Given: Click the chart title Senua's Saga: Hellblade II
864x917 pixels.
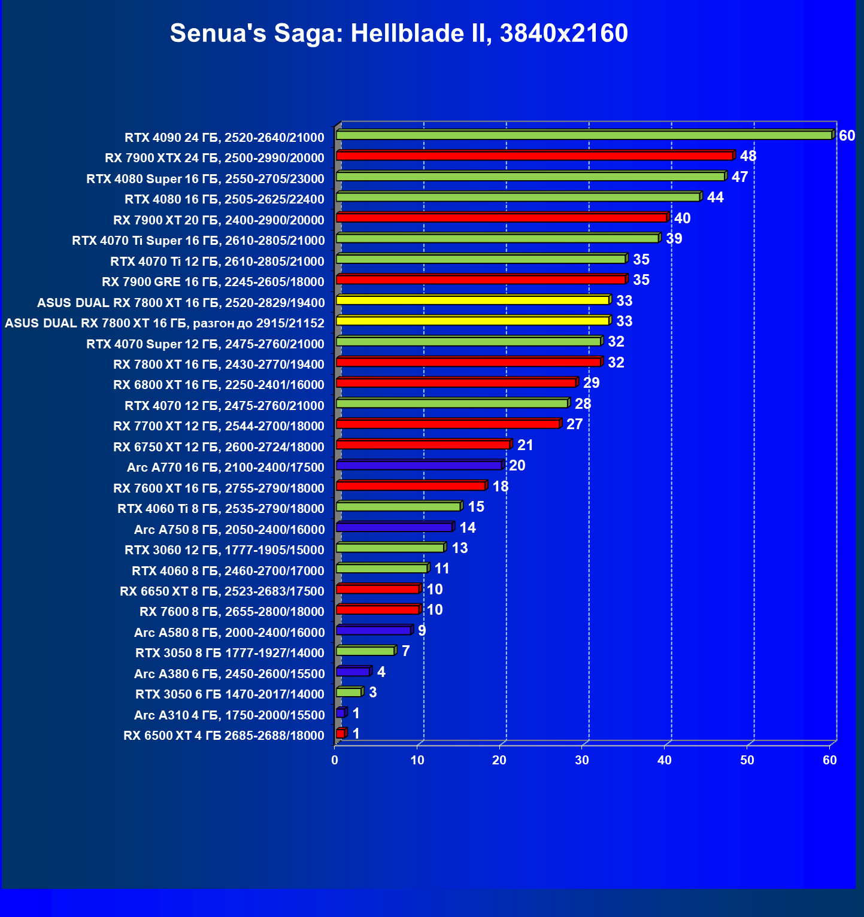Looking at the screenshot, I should click(399, 34).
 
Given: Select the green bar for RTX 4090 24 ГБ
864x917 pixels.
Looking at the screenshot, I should click(584, 135).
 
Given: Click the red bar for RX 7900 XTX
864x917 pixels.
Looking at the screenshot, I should click(535, 156).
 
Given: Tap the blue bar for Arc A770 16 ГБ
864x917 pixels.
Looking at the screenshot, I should click(419, 465).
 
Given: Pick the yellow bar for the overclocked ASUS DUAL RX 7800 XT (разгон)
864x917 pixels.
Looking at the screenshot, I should click(473, 321).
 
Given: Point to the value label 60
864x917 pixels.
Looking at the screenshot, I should click(847, 136).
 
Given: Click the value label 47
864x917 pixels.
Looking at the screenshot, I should click(739, 177).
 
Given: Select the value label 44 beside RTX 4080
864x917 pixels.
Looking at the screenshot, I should click(715, 198).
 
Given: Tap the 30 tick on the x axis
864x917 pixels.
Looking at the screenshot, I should click(582, 760).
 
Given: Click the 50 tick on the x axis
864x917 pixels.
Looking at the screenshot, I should click(747, 760).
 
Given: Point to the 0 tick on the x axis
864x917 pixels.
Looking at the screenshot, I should click(335, 760).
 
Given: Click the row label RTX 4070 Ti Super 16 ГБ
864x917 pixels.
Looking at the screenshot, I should click(198, 241).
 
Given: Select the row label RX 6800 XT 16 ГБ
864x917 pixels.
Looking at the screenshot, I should click(219, 385).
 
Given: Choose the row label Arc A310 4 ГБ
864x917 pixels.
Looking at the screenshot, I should click(229, 715).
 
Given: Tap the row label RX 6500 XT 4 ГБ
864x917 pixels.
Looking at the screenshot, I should click(224, 736).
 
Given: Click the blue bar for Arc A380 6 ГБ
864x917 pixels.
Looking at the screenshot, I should click(353, 672).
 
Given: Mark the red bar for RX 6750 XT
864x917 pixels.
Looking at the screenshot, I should click(423, 444).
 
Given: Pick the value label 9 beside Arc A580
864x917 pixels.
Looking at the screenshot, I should click(422, 630).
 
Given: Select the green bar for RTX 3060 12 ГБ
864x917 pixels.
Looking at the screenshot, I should click(390, 548).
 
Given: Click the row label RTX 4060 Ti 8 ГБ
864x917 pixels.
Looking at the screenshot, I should click(221, 509).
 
